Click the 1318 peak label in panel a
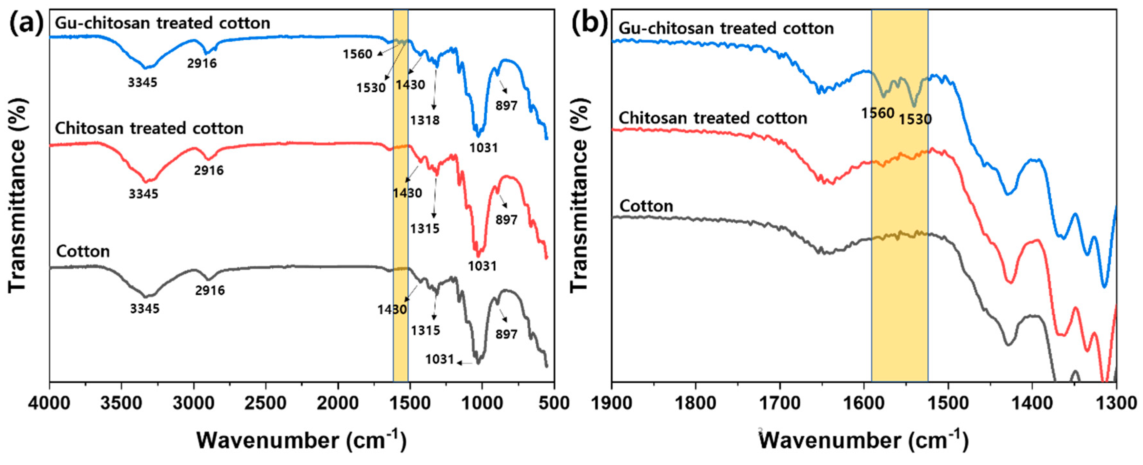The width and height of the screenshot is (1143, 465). point(425,120)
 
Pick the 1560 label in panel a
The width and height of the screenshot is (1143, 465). point(357,55)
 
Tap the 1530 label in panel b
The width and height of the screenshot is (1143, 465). point(915,119)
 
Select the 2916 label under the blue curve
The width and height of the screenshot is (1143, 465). point(202,64)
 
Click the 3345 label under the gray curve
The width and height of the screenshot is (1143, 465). point(145,308)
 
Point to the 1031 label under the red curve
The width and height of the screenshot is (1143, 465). point(482,266)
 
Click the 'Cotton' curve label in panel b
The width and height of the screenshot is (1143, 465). point(646,206)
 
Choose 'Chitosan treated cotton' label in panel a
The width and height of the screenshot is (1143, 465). point(149,128)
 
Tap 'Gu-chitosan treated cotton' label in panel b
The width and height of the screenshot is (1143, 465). point(726,28)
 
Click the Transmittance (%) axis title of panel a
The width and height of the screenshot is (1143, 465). point(18,196)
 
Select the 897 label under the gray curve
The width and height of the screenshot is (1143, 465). point(506,334)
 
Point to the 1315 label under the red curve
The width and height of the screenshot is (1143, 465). point(425,229)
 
